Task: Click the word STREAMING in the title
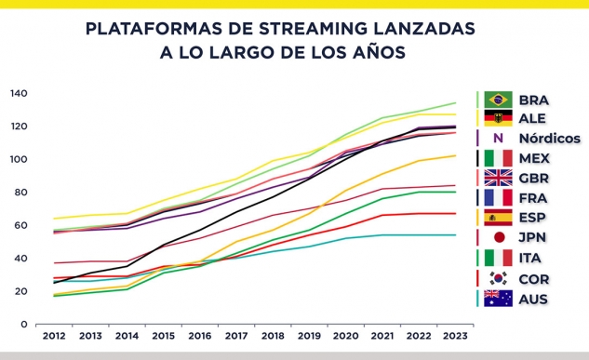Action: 313,29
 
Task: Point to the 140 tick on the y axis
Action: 19,93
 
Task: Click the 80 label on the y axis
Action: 21,193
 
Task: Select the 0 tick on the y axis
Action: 24,324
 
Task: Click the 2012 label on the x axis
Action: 54,336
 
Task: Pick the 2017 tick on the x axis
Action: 236,336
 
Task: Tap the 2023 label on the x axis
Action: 455,336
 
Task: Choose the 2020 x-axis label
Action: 345,336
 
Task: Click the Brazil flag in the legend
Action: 498,100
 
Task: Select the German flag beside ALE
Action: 498,118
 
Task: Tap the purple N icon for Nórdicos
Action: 498,139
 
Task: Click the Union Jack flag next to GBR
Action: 498,178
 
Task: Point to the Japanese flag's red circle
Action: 500,237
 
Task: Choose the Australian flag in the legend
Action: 498,299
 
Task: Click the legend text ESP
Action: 532,218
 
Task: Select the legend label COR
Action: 534,279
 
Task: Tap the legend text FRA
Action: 532,198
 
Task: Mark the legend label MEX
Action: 534,158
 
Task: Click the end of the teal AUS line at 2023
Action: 455,235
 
